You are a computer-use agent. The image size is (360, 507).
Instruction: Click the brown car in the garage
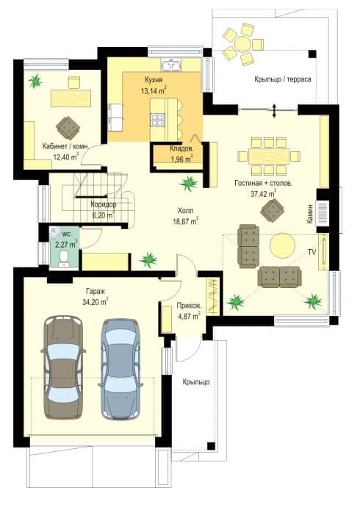(63, 367)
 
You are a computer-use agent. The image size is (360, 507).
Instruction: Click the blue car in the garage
(120, 369)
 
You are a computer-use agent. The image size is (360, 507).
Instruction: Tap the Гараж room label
(96, 291)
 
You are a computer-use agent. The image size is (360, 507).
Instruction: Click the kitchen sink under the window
(171, 65)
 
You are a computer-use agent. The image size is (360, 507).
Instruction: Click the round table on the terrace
(242, 43)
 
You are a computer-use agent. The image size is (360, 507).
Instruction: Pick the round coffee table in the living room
(282, 245)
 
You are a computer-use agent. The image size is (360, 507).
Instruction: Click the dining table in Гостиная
(269, 157)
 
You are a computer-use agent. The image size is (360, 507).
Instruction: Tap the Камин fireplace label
(310, 213)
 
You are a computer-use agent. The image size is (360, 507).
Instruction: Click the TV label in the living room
(312, 252)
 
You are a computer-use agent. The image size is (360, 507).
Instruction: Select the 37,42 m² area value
(263, 194)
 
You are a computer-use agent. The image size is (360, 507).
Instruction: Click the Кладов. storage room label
(181, 148)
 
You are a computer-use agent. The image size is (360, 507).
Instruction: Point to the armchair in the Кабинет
(68, 128)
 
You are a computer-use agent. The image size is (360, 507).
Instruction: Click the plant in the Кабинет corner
(35, 81)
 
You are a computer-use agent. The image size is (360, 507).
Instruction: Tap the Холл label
(185, 211)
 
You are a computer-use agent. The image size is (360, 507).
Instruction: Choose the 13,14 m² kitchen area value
(153, 91)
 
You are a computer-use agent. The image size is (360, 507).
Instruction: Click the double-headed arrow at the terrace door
(274, 110)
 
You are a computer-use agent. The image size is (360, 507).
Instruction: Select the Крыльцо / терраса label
(283, 79)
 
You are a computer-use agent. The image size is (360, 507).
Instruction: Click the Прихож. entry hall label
(190, 306)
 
